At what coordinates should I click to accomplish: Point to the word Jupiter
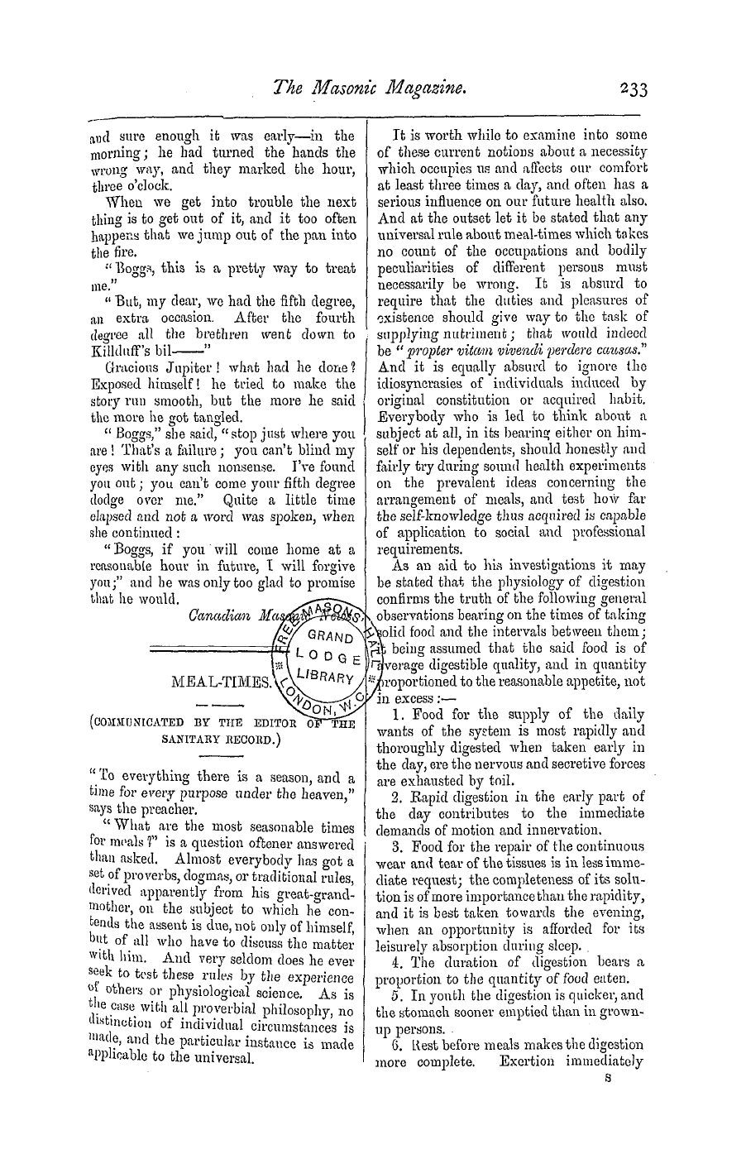[x=182, y=367]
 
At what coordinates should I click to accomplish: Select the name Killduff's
[x=122, y=350]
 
